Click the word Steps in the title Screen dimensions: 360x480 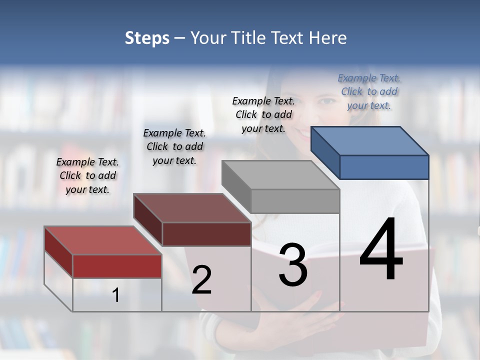click(x=147, y=38)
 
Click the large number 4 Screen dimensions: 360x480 click(x=381, y=249)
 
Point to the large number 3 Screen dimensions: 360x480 click(x=293, y=265)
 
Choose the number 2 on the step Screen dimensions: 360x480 click(x=201, y=280)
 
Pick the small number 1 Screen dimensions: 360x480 click(x=116, y=295)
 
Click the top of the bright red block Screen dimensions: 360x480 click(x=103, y=240)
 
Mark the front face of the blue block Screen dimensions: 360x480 click(x=384, y=167)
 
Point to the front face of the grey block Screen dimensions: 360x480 click(x=295, y=201)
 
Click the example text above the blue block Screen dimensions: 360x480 click(x=369, y=91)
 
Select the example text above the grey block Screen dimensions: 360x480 click(x=263, y=114)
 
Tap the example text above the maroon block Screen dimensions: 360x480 click(x=174, y=146)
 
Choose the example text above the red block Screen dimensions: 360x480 click(x=87, y=175)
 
